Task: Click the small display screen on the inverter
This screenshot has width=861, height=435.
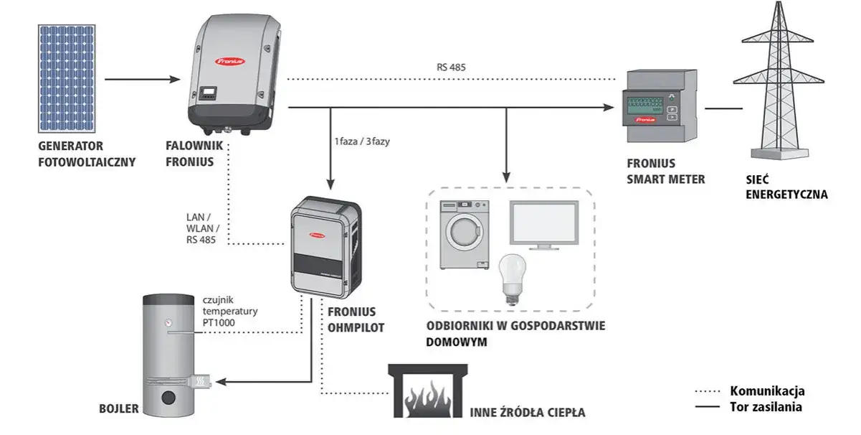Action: coord(209,93)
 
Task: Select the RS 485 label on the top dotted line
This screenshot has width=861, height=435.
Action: coord(452,67)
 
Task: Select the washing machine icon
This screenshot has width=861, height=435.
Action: coord(464,235)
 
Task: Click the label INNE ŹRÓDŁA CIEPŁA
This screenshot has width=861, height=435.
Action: coord(528,413)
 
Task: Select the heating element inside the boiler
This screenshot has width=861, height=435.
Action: coord(201,380)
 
